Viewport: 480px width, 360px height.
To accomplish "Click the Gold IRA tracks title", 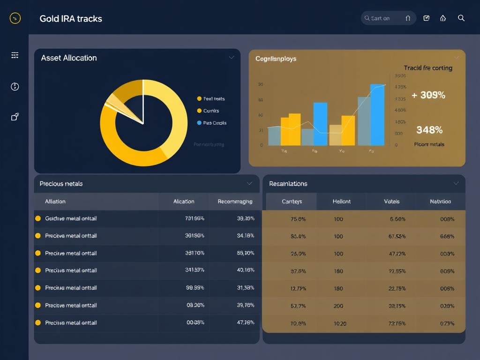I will (x=71, y=19).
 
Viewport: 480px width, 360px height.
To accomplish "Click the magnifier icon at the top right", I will (x=461, y=18).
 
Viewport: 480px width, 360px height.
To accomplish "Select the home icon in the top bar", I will (x=443, y=18).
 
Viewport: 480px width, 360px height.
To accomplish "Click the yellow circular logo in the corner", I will (x=15, y=18).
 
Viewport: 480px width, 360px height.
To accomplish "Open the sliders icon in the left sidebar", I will (x=15, y=55).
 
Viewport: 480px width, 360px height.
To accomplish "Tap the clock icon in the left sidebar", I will (x=15, y=86).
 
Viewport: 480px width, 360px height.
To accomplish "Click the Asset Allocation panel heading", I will (x=69, y=58).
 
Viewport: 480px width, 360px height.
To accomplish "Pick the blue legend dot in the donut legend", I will (x=199, y=123).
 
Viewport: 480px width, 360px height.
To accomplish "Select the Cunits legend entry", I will (x=211, y=111).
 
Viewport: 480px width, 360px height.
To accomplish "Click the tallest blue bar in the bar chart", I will (x=377, y=115).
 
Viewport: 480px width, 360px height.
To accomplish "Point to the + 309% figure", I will (x=428, y=95).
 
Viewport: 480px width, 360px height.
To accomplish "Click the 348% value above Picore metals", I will (x=429, y=130).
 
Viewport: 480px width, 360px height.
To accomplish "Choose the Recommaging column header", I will (x=235, y=202).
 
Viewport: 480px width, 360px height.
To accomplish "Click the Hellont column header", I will (x=341, y=202).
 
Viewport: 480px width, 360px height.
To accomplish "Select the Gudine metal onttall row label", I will (x=71, y=218).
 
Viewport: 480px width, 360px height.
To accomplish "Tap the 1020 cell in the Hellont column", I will (x=339, y=323).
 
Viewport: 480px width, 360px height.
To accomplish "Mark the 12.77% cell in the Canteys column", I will (x=298, y=288).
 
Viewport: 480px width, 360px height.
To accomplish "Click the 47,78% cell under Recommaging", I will (x=246, y=322).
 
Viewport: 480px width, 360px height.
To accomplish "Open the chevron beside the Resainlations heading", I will (x=456, y=183).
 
